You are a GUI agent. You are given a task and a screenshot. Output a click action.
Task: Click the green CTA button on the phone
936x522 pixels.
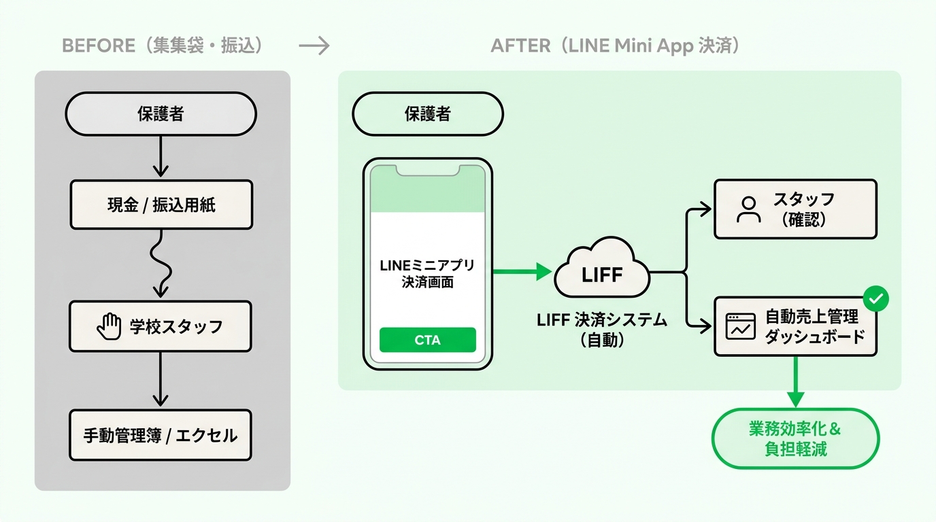[x=427, y=340]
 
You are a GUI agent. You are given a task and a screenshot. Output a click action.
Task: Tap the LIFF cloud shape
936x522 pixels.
[x=602, y=268]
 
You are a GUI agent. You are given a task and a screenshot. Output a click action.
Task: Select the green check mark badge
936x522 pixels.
[x=876, y=298]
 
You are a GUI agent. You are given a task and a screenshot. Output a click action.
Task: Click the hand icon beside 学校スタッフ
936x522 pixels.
[x=109, y=326]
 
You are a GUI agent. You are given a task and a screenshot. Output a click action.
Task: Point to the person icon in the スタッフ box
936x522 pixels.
[x=748, y=209]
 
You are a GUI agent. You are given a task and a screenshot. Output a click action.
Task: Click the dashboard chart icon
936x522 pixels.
[x=741, y=326]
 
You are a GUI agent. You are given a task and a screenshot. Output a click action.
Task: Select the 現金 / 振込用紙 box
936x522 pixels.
[x=161, y=205]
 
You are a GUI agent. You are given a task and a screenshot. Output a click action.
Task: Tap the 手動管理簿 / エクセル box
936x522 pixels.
[x=161, y=435]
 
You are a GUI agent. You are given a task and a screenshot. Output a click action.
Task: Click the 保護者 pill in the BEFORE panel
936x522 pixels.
[x=161, y=114]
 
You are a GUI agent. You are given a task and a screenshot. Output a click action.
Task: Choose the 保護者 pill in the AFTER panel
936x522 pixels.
[x=428, y=114]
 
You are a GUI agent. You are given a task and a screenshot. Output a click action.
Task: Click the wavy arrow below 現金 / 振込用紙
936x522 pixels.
[x=161, y=264]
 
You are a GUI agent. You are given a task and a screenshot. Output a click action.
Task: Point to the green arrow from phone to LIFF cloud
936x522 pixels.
[x=522, y=271]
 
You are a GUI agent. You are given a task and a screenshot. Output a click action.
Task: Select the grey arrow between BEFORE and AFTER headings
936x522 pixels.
[x=314, y=46]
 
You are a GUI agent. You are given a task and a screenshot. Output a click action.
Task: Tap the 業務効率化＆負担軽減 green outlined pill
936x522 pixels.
[x=796, y=438]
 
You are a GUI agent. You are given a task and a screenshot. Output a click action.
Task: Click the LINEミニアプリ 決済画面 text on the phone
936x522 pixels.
[x=427, y=274]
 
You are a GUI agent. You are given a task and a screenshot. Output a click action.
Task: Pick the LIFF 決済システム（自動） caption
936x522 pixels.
[x=602, y=330]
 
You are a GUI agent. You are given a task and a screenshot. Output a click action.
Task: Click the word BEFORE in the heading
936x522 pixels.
[x=99, y=46]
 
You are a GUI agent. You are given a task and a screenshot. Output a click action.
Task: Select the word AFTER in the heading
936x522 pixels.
[x=520, y=46]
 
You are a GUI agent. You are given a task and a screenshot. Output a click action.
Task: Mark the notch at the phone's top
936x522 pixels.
[x=427, y=171]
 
